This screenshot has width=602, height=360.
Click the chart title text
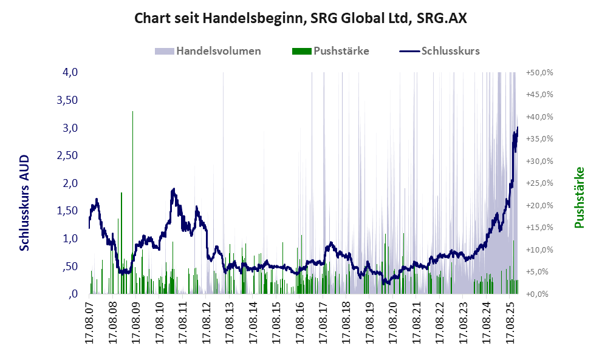point(300,18)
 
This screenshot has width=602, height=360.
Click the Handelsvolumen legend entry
point(218,51)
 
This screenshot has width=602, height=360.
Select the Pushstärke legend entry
point(341,51)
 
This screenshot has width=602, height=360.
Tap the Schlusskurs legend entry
point(450,51)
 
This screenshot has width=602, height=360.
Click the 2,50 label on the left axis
point(67,155)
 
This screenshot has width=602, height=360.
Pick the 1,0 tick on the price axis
point(70,239)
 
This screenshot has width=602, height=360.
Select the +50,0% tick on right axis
point(539,72)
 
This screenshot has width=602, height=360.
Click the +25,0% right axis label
point(539,183)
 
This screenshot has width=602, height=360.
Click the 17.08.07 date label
point(90,322)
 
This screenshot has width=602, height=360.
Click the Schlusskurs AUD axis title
point(25,203)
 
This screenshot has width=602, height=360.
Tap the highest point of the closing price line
point(518,127)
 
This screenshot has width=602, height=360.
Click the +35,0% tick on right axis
point(539,138)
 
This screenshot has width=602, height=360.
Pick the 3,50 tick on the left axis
point(67,100)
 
